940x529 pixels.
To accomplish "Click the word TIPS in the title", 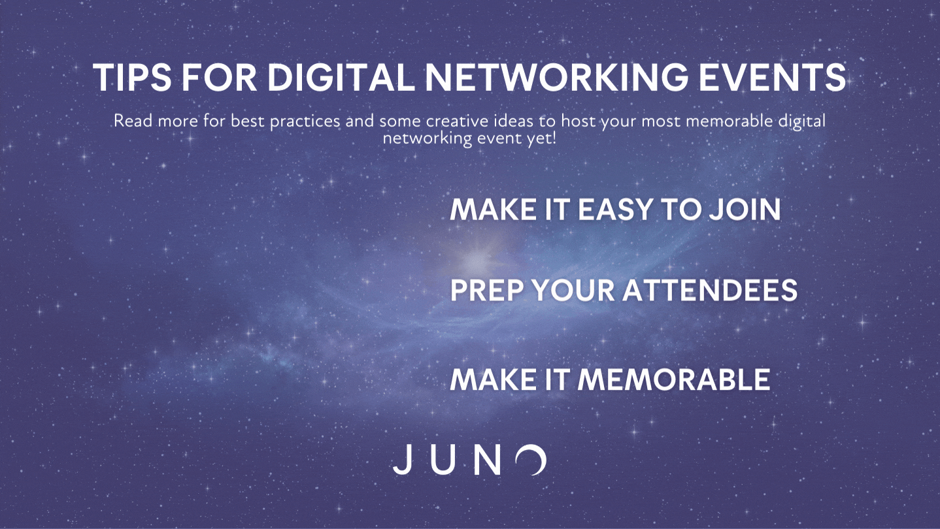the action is [x=132, y=77].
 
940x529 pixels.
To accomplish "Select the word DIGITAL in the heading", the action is [x=341, y=77].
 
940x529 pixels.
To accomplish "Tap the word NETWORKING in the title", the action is [x=556, y=77].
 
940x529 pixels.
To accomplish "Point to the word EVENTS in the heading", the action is [x=773, y=77].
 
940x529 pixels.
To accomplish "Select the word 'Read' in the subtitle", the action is [x=133, y=121].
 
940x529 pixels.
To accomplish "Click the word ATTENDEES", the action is [x=710, y=290].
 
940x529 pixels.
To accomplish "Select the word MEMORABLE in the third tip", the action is [x=674, y=379].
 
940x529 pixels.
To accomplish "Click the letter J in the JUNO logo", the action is [x=403, y=460].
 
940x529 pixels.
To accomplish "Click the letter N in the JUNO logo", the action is [x=487, y=460].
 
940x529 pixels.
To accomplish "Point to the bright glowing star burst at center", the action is [x=477, y=259].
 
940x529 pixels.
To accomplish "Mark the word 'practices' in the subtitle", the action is [x=305, y=121].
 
